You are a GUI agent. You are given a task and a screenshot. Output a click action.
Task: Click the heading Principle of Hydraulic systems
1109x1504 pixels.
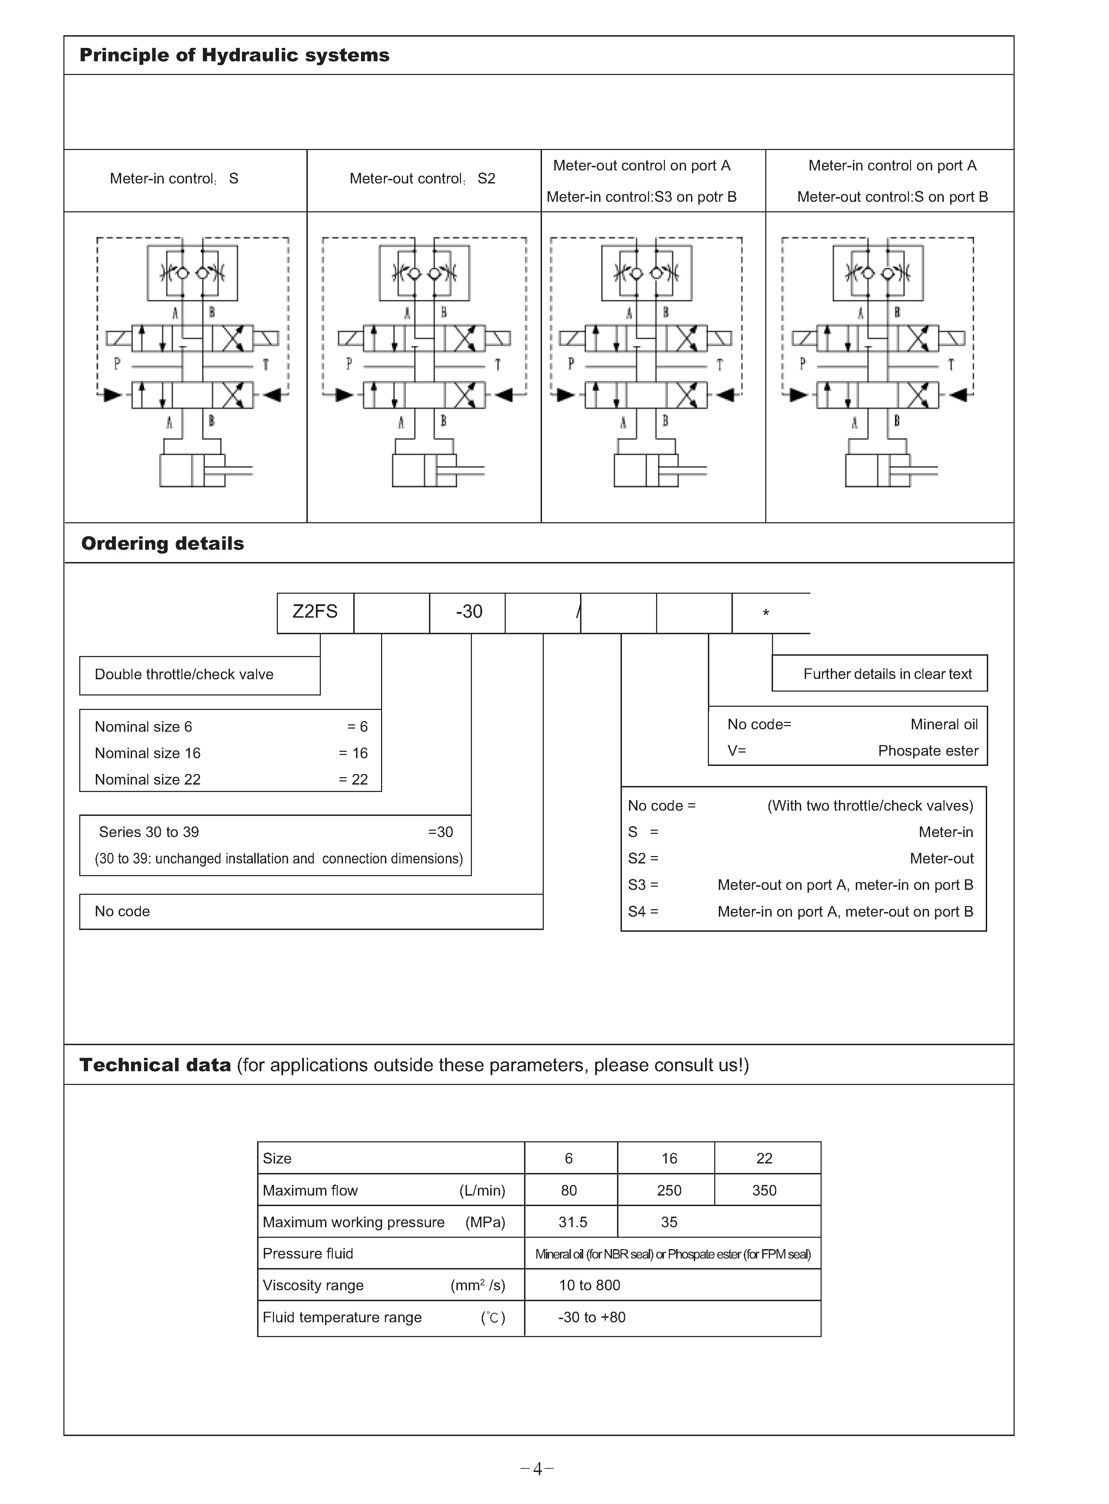point(234,55)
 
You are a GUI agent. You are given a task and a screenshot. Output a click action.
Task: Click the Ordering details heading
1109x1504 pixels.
point(162,544)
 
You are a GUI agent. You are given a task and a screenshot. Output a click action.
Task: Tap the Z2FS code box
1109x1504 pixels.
point(315,612)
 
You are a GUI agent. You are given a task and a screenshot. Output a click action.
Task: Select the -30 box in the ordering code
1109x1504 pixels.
point(468,612)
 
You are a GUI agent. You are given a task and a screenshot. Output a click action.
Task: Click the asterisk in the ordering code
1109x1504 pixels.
point(766,613)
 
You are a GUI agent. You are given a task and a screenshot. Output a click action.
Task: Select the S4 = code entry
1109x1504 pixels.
point(643,911)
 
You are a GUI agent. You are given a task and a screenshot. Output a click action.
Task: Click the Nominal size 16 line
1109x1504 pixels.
point(148,753)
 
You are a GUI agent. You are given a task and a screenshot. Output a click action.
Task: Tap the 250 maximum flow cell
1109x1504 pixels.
point(669,1191)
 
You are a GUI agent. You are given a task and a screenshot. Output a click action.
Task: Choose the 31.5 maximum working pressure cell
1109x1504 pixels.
point(573,1222)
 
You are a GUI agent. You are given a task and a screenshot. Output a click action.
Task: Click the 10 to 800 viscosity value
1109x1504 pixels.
point(590,1285)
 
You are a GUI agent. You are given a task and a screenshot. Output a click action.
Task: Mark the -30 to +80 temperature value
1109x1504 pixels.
point(591,1317)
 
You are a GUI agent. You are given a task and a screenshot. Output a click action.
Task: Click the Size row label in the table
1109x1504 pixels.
point(277,1158)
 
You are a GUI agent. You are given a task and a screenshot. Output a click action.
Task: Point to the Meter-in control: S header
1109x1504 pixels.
point(174,179)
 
